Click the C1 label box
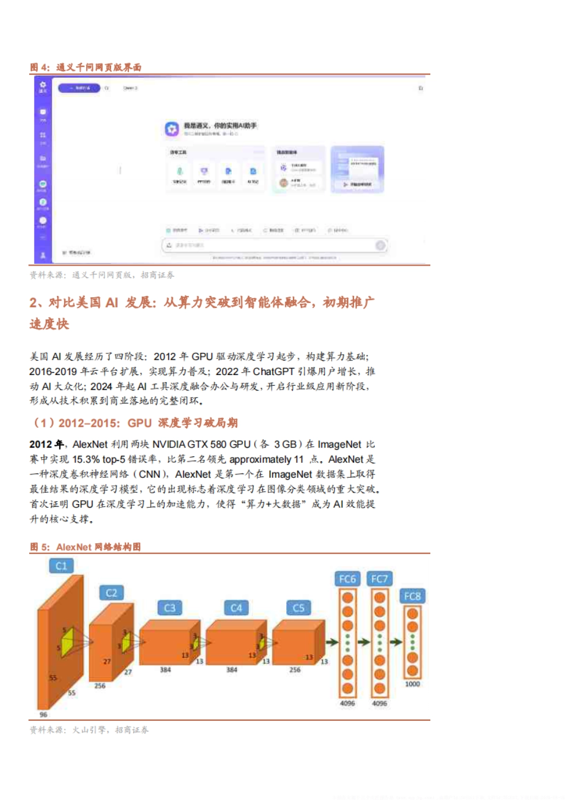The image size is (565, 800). tap(62, 566)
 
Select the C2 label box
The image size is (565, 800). tap(111, 593)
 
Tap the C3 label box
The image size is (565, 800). tap(169, 608)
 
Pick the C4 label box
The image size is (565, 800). tap(236, 608)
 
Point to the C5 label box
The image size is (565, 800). tap(299, 608)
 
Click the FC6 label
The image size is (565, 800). tap(347, 579)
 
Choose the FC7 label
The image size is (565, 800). tap(379, 579)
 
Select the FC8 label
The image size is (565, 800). tap(412, 596)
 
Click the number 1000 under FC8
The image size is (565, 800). tap(412, 684)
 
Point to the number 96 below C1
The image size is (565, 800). tap(43, 715)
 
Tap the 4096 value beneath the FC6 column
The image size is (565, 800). tap(347, 703)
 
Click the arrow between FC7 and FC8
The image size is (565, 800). tap(396, 642)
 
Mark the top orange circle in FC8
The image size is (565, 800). tap(412, 614)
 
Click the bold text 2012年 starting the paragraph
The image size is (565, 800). tap(46, 444)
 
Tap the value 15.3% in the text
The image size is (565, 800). tap(86, 459)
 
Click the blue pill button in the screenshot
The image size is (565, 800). tap(79, 88)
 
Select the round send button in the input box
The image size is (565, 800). tap(380, 245)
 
